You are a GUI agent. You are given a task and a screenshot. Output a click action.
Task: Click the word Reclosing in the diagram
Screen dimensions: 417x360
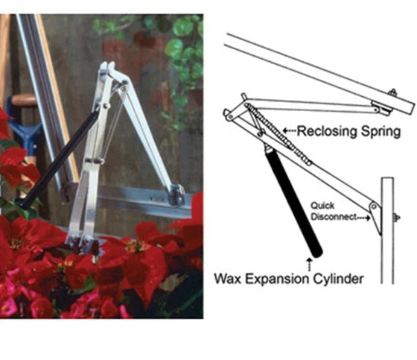[326, 132]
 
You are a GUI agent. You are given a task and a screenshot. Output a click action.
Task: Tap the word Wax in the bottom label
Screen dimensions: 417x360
[228, 279]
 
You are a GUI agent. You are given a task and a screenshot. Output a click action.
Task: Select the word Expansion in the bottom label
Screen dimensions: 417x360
[278, 280]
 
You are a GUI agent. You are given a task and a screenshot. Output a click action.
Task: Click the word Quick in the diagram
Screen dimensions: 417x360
[322, 206]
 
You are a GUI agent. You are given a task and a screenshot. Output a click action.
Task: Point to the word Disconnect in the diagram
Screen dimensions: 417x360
[334, 217]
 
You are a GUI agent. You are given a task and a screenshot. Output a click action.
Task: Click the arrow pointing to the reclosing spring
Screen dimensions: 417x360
[290, 130]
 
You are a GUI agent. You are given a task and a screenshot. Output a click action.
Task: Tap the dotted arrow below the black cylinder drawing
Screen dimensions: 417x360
[309, 264]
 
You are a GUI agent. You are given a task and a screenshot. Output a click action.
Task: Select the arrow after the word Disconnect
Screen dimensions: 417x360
[363, 218]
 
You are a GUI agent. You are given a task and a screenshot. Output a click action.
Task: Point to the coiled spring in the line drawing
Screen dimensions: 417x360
[278, 134]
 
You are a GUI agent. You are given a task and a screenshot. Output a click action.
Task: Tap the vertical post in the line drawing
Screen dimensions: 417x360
[387, 230]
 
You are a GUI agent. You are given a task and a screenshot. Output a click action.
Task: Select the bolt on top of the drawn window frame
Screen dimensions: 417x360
[392, 93]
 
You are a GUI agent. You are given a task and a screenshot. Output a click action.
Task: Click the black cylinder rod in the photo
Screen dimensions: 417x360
[57, 160]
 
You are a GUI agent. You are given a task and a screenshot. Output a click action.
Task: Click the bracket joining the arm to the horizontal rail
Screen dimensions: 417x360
[176, 195]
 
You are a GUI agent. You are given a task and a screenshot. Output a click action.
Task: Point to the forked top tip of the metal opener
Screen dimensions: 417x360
[107, 66]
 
